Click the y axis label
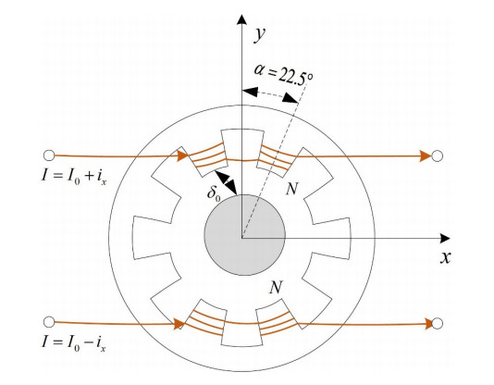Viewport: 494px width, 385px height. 260,34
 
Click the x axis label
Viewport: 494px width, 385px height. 446,257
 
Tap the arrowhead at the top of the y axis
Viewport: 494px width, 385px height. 241,19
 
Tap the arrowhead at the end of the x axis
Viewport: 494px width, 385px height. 445,239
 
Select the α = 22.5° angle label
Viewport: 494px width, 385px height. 284,75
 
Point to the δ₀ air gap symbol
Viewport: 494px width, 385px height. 214,192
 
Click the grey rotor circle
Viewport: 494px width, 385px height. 245,235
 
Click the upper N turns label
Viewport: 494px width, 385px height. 291,189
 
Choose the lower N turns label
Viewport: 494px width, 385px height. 276,287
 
